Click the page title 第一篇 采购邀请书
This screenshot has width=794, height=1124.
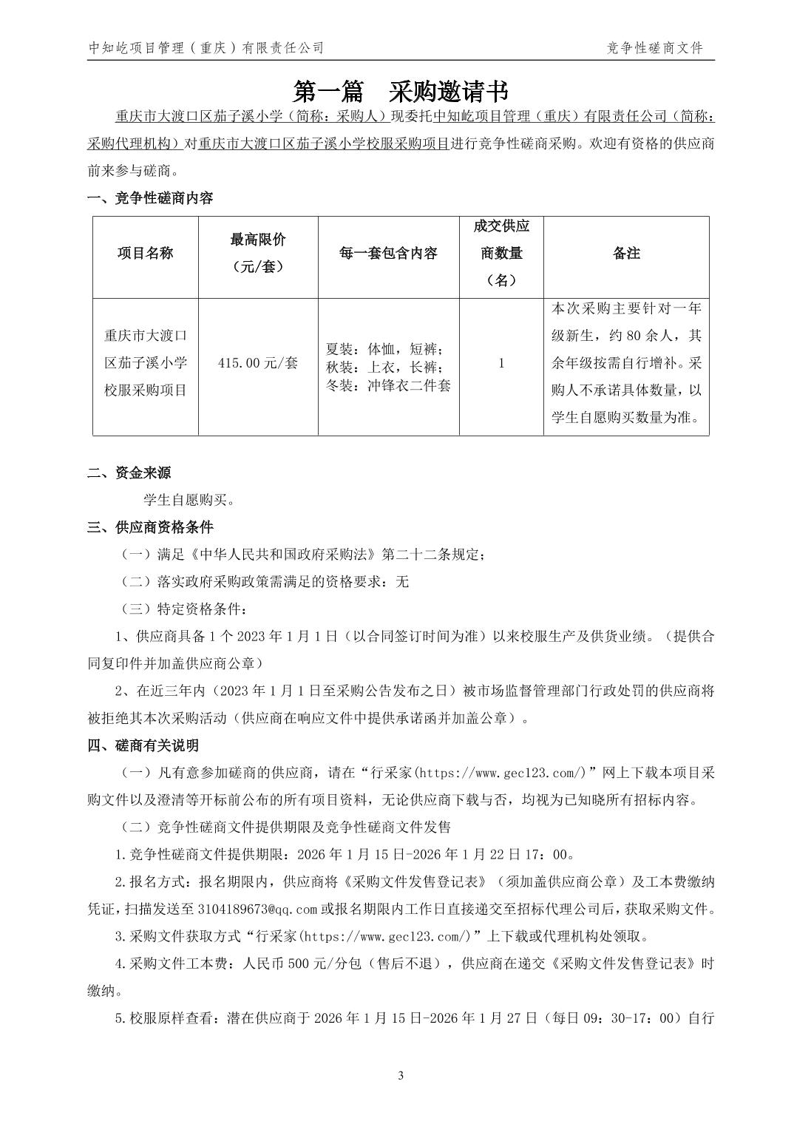(401, 92)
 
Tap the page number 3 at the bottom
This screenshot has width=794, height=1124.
(401, 1075)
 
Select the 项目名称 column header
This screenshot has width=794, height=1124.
(146, 254)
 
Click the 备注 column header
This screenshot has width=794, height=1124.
(626, 254)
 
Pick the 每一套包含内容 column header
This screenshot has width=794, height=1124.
(388, 254)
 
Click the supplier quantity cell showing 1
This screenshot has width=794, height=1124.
(501, 363)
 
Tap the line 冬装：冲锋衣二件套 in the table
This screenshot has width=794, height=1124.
(388, 385)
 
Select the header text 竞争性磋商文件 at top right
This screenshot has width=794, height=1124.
(654, 49)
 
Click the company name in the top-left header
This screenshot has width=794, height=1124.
(206, 49)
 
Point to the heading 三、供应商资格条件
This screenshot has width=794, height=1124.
(150, 527)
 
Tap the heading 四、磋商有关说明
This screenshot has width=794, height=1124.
(143, 745)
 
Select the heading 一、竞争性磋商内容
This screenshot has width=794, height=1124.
(150, 198)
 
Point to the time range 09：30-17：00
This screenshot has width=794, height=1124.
(630, 1018)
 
